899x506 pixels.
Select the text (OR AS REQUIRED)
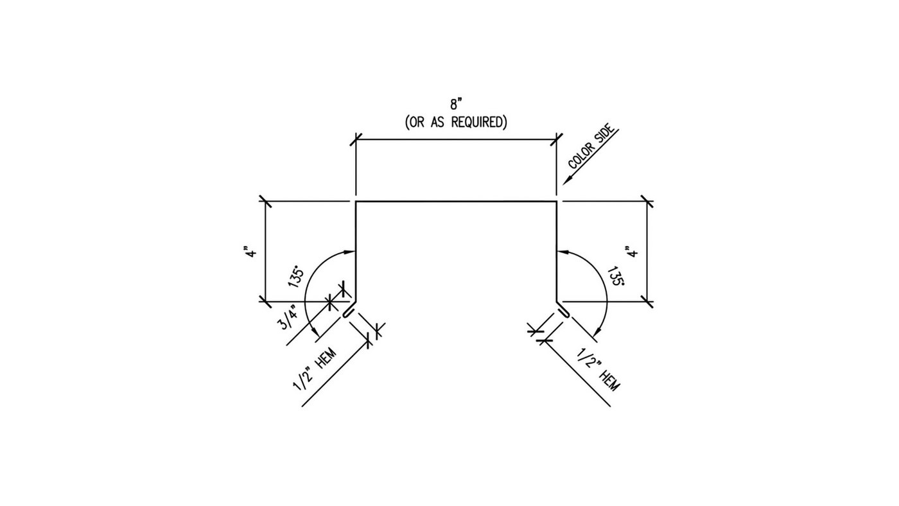click(456, 122)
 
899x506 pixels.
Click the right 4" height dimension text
click(634, 251)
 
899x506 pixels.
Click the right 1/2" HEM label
click(598, 370)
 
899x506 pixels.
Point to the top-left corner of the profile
click(356, 202)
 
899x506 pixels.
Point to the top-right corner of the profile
click(557, 202)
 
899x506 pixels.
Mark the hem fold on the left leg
click(347, 313)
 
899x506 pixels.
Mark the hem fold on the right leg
click(565, 313)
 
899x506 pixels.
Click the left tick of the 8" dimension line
click(356, 139)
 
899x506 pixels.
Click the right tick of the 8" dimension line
click(557, 139)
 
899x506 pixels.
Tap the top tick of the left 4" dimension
click(265, 202)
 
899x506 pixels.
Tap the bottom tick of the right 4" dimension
click(647, 301)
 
